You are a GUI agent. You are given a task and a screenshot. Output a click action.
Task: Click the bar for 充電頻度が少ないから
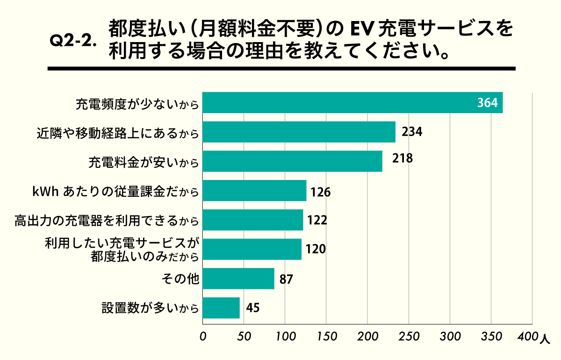click(352, 103)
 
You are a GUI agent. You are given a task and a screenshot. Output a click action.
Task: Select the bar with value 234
click(299, 132)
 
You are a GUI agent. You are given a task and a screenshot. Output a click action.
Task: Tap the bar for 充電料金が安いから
click(292, 161)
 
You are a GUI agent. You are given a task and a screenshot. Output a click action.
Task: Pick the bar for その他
click(238, 279)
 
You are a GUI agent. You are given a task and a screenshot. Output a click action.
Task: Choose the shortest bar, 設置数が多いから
click(221, 308)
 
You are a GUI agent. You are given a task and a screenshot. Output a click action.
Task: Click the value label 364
click(489, 103)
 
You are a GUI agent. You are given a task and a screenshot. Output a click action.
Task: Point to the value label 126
click(320, 191)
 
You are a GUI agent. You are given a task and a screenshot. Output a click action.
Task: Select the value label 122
click(316, 220)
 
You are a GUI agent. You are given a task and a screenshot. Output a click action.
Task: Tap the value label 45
click(252, 308)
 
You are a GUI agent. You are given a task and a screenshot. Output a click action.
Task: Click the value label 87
click(287, 279)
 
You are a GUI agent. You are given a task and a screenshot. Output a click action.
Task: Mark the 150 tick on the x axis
click(326, 336)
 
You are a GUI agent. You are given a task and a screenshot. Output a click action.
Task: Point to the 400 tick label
click(528, 336)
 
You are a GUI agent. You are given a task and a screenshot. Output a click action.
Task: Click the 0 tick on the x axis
click(203, 336)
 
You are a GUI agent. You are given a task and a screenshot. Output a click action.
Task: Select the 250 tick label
click(409, 336)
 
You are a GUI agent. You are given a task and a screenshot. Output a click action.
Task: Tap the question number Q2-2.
click(73, 41)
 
